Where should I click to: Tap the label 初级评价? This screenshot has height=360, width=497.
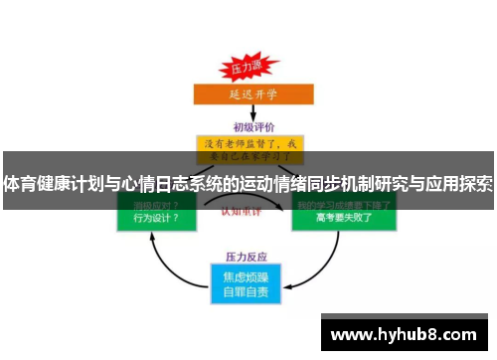tap(254, 127)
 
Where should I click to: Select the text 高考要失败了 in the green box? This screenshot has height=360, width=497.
tap(342, 218)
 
